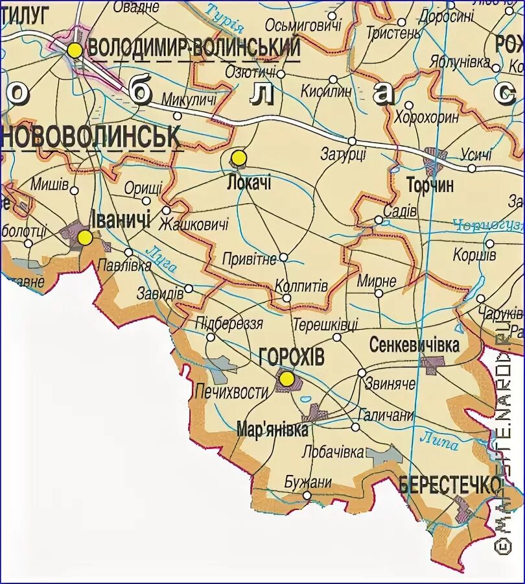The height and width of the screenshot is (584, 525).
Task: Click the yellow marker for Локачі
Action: tap(239, 158)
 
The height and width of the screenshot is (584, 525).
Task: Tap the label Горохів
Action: tap(291, 356)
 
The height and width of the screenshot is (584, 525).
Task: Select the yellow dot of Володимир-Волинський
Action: tap(76, 50)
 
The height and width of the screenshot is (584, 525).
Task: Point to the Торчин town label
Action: tap(430, 185)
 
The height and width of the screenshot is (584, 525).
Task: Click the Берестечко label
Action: tap(450, 484)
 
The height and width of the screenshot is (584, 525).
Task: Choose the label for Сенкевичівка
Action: tap(414, 345)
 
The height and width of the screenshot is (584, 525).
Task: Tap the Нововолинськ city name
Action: tap(91, 137)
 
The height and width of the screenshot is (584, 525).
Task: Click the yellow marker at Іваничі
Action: tap(85, 238)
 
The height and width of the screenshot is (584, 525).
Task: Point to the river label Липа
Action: tap(439, 441)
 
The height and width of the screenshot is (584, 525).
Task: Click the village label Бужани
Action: tap(308, 482)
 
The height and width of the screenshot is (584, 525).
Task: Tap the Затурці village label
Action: tap(344, 154)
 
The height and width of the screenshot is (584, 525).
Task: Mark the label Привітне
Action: tap(249, 258)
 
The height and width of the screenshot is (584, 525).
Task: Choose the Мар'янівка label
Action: tap(272, 430)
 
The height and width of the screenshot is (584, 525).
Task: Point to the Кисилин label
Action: tap(326, 91)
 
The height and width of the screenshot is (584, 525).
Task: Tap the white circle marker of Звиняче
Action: tap(362, 372)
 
